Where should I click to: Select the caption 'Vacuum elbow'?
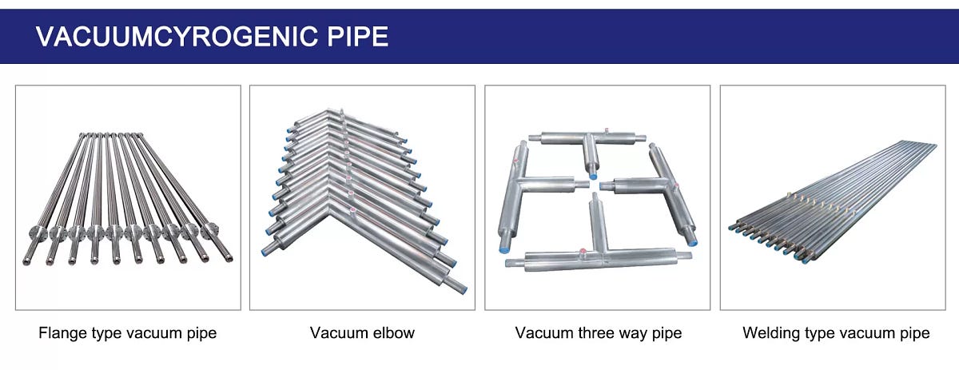tap(362, 332)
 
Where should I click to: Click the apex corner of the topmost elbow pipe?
tap(343, 117)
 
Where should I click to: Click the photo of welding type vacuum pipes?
tap(835, 197)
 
